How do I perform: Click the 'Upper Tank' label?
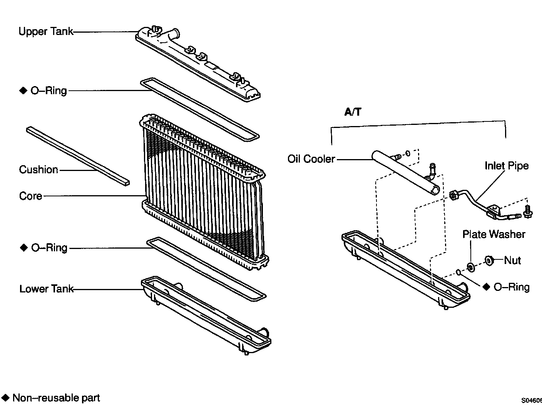(45, 32)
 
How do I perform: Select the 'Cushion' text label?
(38, 169)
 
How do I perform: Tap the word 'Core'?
(30, 196)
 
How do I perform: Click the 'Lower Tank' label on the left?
(46, 289)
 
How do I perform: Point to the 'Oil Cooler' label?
(311, 159)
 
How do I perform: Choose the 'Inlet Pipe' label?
(506, 166)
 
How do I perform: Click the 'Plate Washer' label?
(493, 234)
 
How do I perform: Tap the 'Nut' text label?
(512, 260)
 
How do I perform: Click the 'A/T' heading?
(353, 112)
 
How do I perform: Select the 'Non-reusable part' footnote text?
(56, 398)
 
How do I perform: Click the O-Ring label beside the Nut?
(511, 287)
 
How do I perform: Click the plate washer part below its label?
(470, 267)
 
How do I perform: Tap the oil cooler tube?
(404, 173)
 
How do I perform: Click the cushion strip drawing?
(77, 156)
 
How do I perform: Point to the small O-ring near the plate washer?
(458, 272)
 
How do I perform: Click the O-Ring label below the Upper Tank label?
(49, 91)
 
